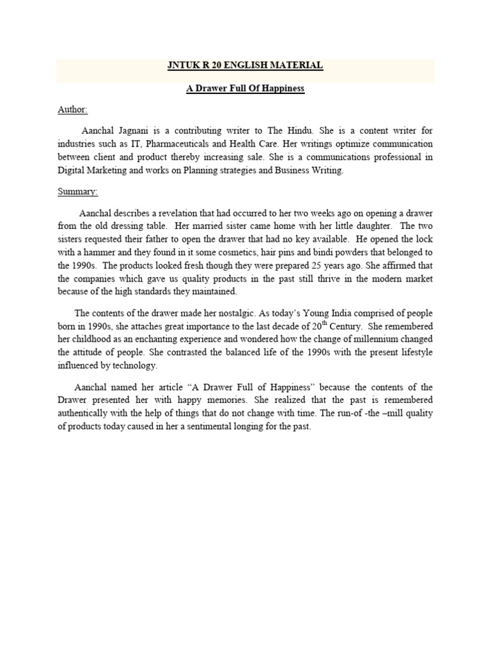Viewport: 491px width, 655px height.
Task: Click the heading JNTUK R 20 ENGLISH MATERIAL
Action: click(245, 65)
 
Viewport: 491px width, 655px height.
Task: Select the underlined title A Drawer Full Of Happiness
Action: click(245, 88)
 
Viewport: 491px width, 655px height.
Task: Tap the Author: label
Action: click(72, 109)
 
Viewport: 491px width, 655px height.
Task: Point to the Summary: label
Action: click(77, 191)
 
